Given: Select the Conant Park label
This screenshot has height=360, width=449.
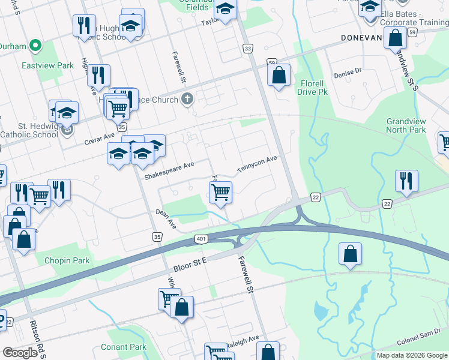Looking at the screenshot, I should tap(123, 347).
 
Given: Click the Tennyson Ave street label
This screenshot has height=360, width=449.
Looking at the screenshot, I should tap(256, 164).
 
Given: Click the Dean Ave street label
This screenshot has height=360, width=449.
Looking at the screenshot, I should tap(165, 218).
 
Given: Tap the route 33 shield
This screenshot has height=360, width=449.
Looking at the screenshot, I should tap(247, 48).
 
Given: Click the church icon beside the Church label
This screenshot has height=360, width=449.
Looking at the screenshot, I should tap(188, 99).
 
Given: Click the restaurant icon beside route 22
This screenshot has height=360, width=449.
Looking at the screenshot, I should tap(407, 181).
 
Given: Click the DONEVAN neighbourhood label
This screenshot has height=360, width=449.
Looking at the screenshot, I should tap(361, 37).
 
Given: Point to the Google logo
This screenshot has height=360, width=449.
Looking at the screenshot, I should tap(20, 353).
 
